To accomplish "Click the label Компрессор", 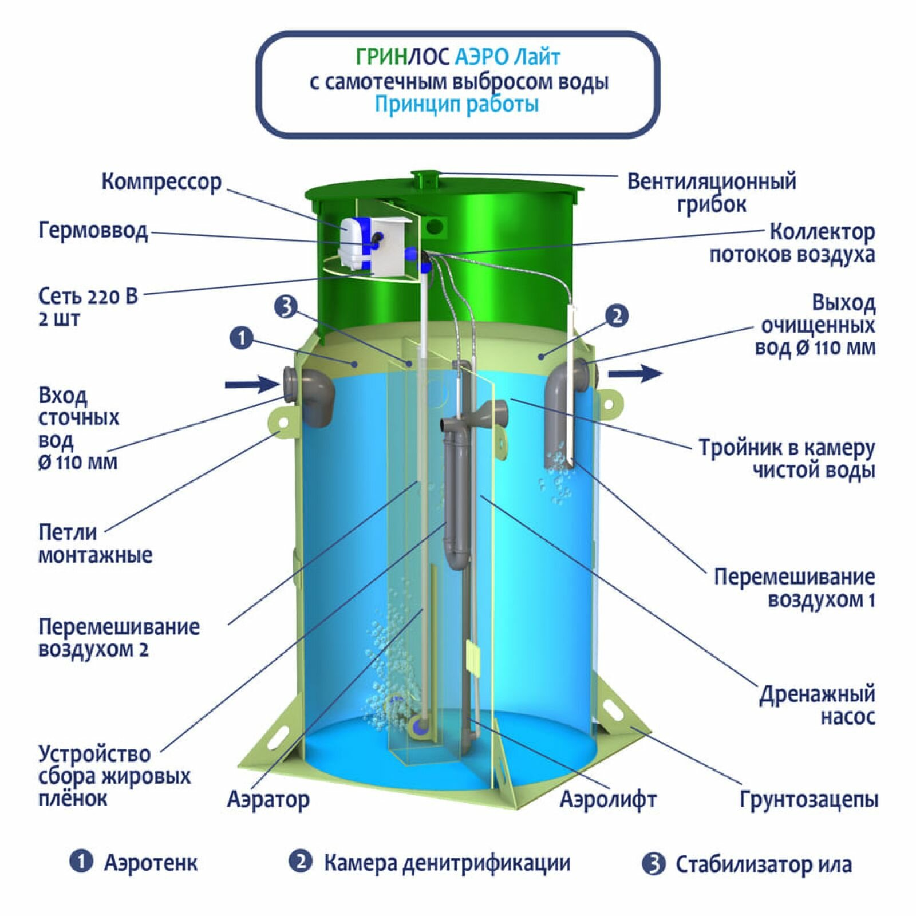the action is click(161, 182).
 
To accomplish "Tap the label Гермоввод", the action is click(93, 231).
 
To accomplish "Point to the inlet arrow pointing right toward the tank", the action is click(251, 384).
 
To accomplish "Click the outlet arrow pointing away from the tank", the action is click(635, 374).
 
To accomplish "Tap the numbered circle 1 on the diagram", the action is click(242, 338).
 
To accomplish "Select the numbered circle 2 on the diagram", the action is click(617, 315).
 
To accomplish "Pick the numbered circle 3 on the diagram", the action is click(286, 307).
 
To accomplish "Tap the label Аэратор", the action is click(268, 799).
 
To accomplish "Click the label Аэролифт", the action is click(607, 799).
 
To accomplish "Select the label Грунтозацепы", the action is click(808, 799).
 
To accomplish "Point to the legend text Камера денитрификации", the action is click(447, 863).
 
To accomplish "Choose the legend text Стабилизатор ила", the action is click(763, 864).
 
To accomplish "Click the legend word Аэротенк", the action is click(151, 863).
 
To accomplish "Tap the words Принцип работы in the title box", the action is click(456, 105).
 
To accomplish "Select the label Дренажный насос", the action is click(817, 705).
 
